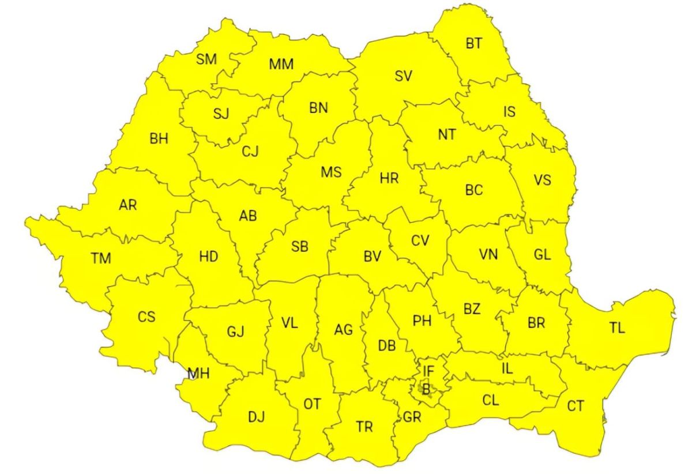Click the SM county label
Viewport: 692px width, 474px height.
click(206, 59)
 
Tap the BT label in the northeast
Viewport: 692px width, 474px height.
click(474, 43)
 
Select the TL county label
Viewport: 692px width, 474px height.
click(617, 328)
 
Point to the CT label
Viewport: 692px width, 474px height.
click(576, 406)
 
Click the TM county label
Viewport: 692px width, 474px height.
click(100, 258)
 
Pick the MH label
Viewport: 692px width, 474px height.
click(198, 374)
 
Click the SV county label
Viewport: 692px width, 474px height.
click(404, 76)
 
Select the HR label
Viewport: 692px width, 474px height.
click(389, 179)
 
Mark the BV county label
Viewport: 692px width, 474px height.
click(373, 257)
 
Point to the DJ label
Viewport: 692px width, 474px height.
click(255, 417)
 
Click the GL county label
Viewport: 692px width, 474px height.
click(542, 255)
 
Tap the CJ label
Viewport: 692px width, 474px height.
click(250, 152)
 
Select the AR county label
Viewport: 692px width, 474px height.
click(128, 205)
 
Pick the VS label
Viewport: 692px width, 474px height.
click(542, 180)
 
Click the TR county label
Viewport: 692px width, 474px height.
click(364, 427)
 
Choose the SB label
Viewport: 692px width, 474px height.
click(300, 247)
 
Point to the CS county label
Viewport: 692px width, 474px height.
click(146, 317)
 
